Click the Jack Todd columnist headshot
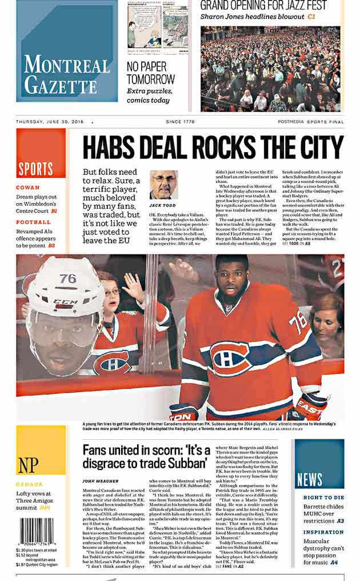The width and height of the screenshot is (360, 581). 163,185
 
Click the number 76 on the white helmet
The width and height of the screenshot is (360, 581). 67,278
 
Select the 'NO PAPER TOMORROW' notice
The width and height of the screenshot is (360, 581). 151,72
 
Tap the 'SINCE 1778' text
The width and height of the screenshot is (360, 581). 180,122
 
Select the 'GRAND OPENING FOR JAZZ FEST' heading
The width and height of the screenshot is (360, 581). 263,6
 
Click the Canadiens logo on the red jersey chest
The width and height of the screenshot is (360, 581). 231,359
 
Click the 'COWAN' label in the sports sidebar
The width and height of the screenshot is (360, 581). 28,188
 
